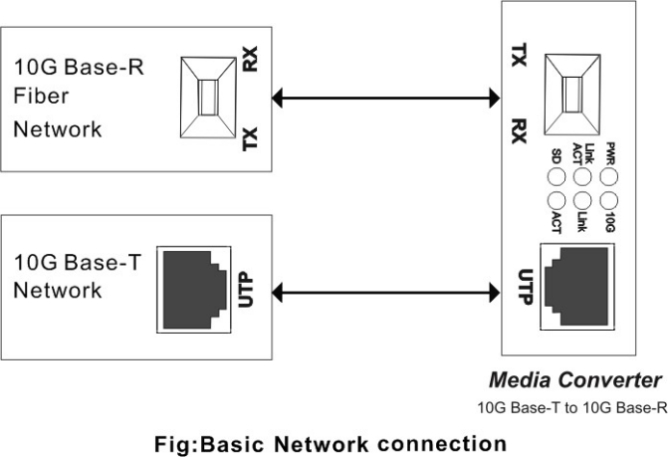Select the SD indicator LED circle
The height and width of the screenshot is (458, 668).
tap(557, 178)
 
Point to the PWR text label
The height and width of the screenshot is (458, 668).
tap(610, 153)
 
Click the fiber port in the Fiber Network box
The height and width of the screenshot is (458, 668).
tap(208, 100)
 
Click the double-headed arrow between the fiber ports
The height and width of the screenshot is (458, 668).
tap(385, 98)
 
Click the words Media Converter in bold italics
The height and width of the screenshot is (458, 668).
tap(574, 380)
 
